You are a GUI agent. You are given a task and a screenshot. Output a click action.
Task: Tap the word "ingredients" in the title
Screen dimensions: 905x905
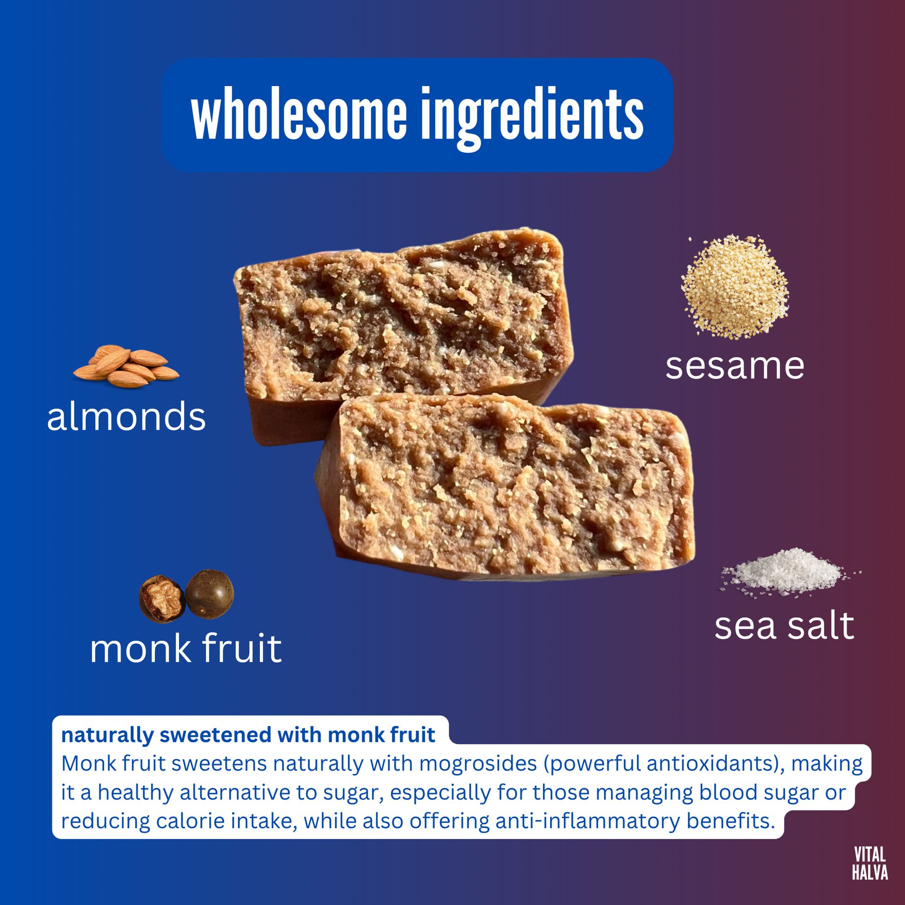[x=532, y=119]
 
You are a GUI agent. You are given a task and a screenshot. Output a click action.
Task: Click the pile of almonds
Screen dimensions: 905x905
[x=126, y=366]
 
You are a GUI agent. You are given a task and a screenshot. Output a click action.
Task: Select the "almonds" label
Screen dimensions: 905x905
[x=126, y=416]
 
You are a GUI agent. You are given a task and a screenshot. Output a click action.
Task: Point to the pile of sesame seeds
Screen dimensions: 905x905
[x=734, y=286]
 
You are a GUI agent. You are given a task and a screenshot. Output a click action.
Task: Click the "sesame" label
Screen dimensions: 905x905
[x=735, y=366]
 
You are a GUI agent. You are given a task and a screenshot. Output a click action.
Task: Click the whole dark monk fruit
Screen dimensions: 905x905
[x=209, y=594]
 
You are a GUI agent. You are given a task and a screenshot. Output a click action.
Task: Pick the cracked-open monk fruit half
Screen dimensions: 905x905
[x=162, y=599]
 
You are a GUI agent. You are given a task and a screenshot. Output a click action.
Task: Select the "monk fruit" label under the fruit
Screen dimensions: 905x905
[x=186, y=648]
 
